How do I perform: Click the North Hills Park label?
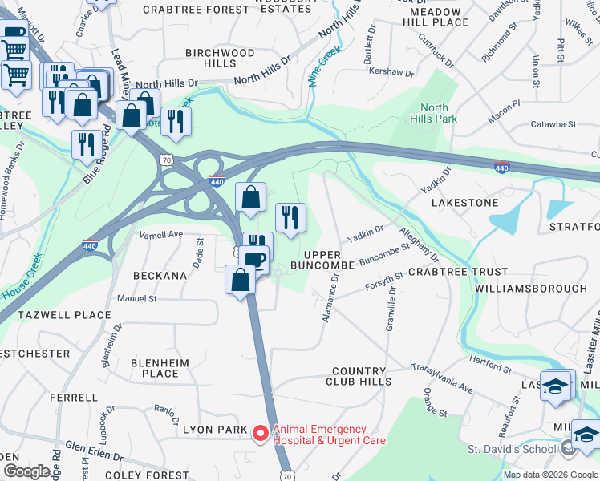tap(434, 114)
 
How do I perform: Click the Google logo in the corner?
tap(26, 471)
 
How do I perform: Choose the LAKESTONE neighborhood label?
tap(464, 203)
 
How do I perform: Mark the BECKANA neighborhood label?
tap(160, 275)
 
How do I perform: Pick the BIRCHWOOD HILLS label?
tap(219, 58)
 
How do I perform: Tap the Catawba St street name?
tap(554, 124)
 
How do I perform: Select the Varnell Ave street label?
tap(161, 235)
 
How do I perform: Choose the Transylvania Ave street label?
tap(442, 377)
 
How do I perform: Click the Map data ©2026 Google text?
tap(549, 474)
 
